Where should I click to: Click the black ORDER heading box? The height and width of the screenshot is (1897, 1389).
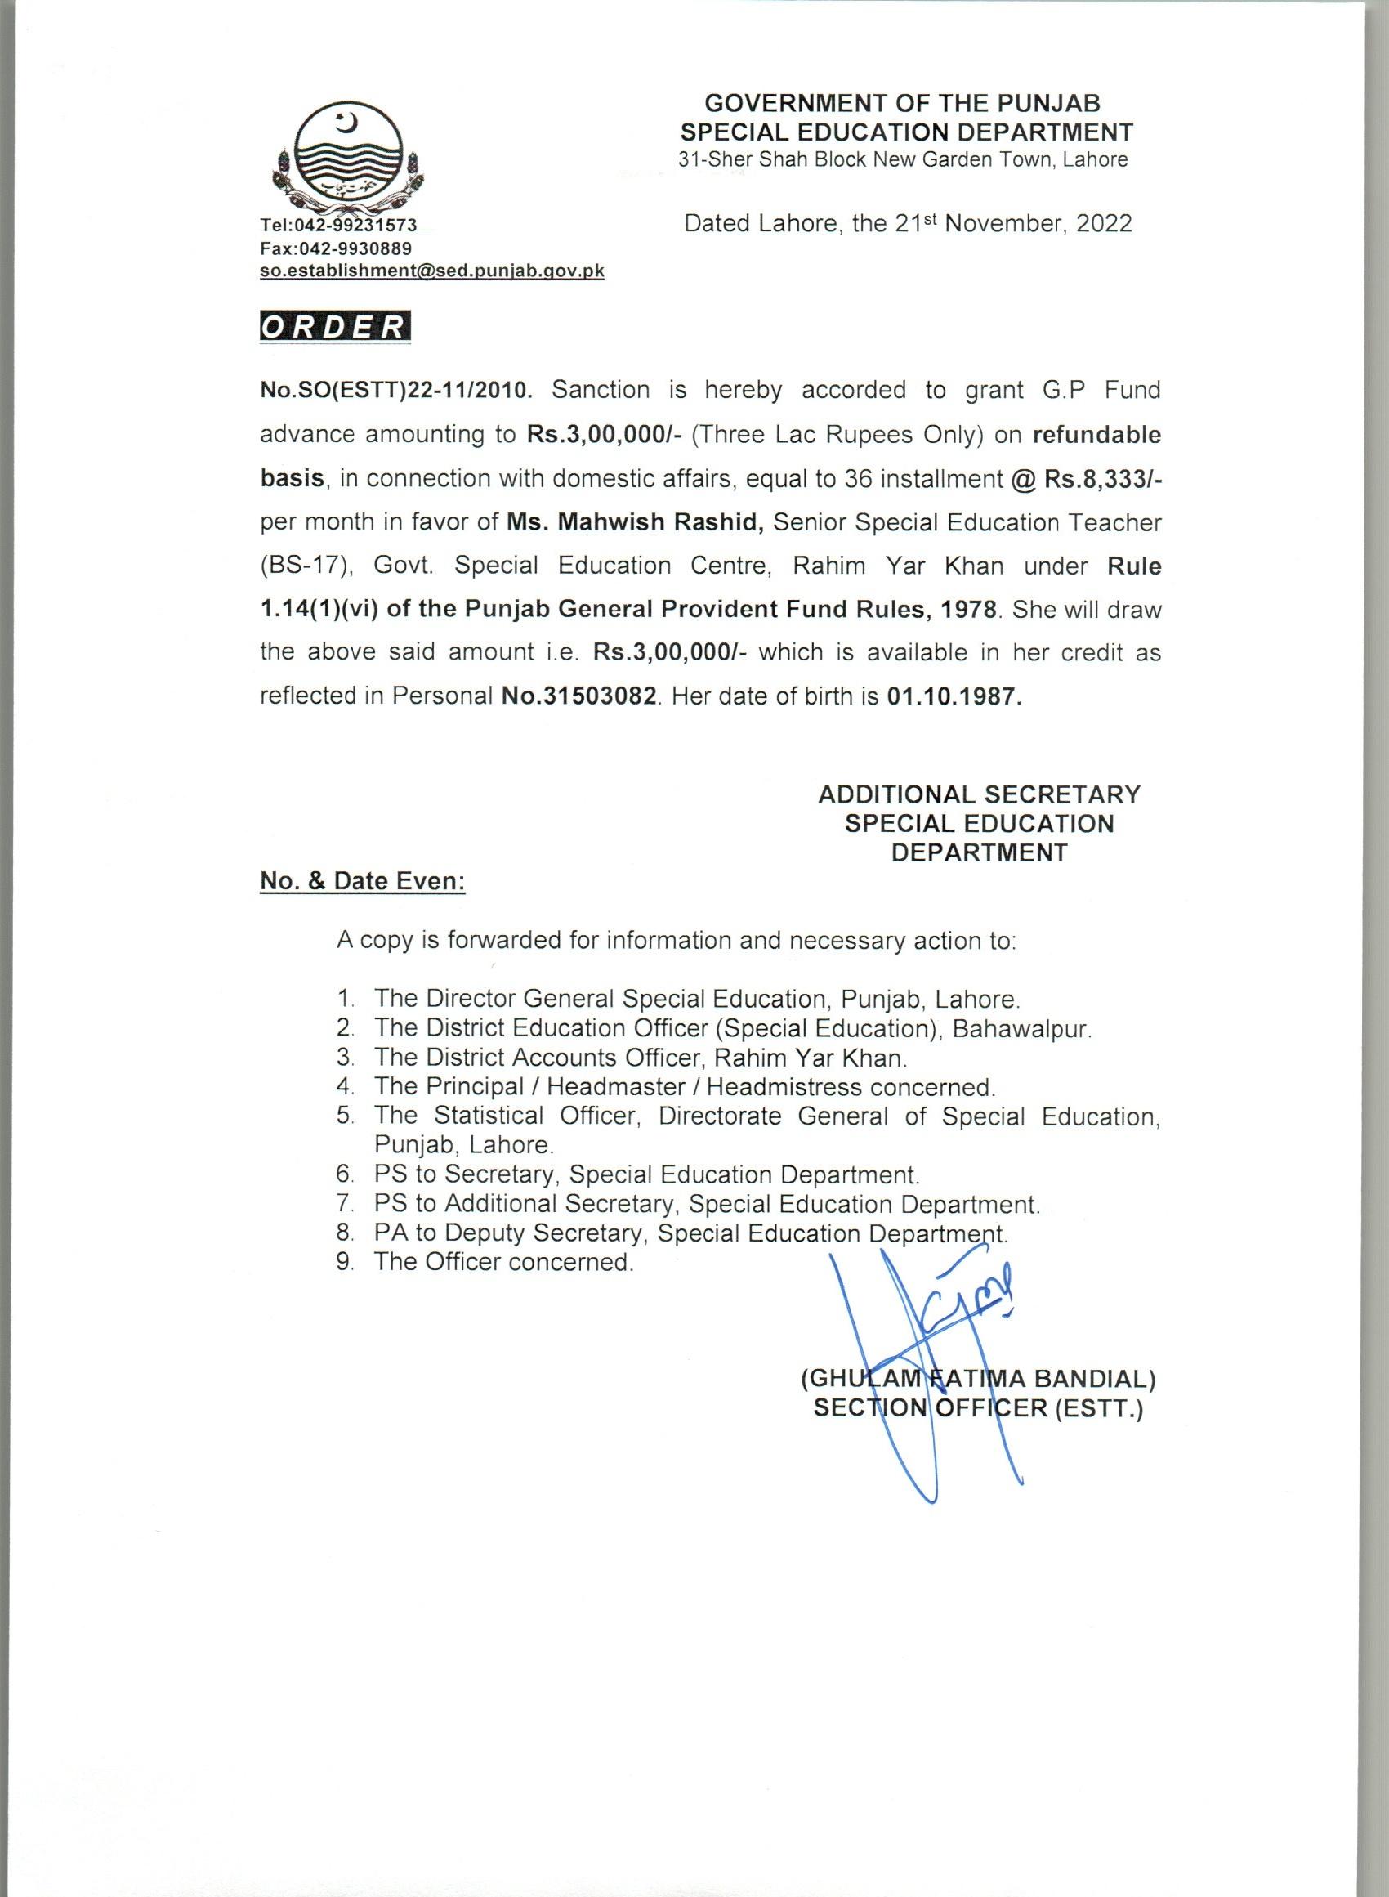coord(335,327)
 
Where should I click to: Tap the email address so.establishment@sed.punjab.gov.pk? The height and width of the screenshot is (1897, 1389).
coord(432,271)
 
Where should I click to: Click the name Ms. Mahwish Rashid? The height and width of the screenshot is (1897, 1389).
coord(635,522)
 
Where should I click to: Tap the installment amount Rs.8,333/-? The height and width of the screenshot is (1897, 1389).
coord(1102,478)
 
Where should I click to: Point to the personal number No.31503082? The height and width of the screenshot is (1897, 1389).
coord(578,697)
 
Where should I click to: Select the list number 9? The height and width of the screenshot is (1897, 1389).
coord(343,1262)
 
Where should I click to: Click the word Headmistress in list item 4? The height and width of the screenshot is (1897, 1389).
coord(784,1086)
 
